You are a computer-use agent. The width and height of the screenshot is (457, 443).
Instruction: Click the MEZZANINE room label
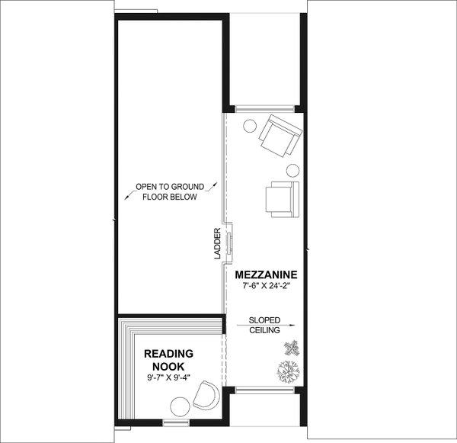265,274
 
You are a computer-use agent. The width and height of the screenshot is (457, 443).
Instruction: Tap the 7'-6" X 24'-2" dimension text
265,285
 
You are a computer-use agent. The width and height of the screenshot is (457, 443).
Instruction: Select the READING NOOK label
168,359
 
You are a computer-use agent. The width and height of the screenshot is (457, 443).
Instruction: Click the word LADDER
217,244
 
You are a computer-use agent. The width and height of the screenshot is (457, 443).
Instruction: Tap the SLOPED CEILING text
264,326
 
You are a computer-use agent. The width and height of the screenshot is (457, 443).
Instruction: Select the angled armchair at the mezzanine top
279,134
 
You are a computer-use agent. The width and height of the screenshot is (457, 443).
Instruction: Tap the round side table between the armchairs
292,169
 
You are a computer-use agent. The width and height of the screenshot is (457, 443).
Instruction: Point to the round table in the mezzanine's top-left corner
248,126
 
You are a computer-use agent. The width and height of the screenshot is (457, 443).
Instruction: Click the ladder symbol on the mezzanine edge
230,242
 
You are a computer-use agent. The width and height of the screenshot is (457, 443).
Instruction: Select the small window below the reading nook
175,420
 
